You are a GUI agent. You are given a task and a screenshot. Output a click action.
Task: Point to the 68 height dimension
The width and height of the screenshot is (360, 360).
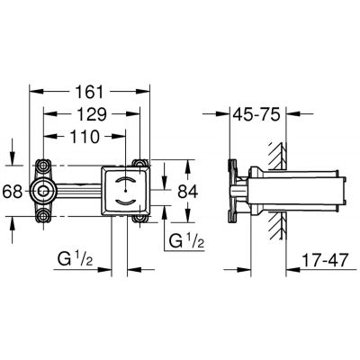[12, 193]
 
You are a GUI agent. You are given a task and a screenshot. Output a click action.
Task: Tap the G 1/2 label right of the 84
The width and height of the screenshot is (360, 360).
[187, 240]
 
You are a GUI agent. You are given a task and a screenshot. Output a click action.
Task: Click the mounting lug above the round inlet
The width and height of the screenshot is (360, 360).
[44, 166]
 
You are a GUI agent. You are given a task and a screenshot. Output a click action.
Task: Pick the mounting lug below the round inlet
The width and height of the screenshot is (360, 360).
[44, 216]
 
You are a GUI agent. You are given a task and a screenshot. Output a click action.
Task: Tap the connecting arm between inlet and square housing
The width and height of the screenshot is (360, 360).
[76, 191]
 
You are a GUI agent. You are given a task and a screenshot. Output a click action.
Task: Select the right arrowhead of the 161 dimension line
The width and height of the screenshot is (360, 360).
[144, 91]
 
